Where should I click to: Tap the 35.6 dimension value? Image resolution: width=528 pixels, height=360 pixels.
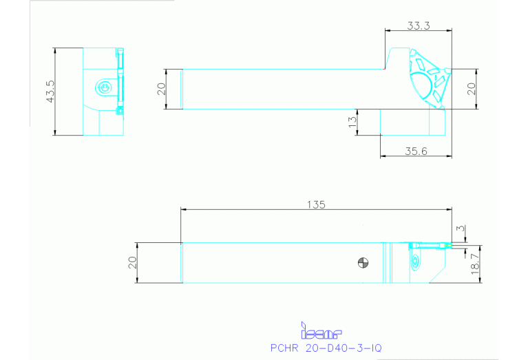pyautogui.click(x=415, y=151)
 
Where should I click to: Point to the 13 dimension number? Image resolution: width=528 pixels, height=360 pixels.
pyautogui.click(x=352, y=122)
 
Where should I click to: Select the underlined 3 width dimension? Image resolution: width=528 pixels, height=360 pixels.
pyautogui.click(x=459, y=228)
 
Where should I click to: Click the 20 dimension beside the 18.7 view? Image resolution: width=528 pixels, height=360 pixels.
pyautogui.click(x=133, y=262)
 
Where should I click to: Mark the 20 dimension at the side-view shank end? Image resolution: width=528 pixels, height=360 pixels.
pyautogui.click(x=162, y=89)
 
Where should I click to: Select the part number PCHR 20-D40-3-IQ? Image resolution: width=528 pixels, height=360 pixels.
pyautogui.click(x=326, y=348)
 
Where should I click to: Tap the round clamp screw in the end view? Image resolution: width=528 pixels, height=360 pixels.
pyautogui.click(x=103, y=87)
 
